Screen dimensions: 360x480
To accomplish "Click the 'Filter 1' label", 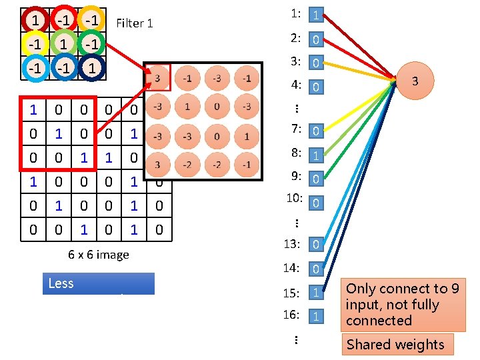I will point(134,23).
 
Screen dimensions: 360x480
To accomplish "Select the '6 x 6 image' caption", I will point(99,254).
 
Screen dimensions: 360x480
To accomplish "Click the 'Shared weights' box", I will point(395,345).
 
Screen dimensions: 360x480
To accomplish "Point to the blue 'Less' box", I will point(98,283).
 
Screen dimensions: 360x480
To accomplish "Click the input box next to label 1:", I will point(317,14).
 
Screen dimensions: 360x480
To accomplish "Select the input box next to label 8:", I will point(317,155).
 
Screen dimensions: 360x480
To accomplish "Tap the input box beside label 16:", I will point(317,316).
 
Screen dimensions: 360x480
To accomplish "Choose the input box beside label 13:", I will point(317,245).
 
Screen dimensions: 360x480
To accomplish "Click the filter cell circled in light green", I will point(63,44).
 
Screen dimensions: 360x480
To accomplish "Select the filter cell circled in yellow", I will point(35,44).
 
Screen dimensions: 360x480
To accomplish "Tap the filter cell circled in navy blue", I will point(91,67).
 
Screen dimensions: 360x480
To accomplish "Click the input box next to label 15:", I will point(317,293).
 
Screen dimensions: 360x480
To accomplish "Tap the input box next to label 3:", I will point(317,63).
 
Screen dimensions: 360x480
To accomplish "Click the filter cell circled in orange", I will point(91,21).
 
